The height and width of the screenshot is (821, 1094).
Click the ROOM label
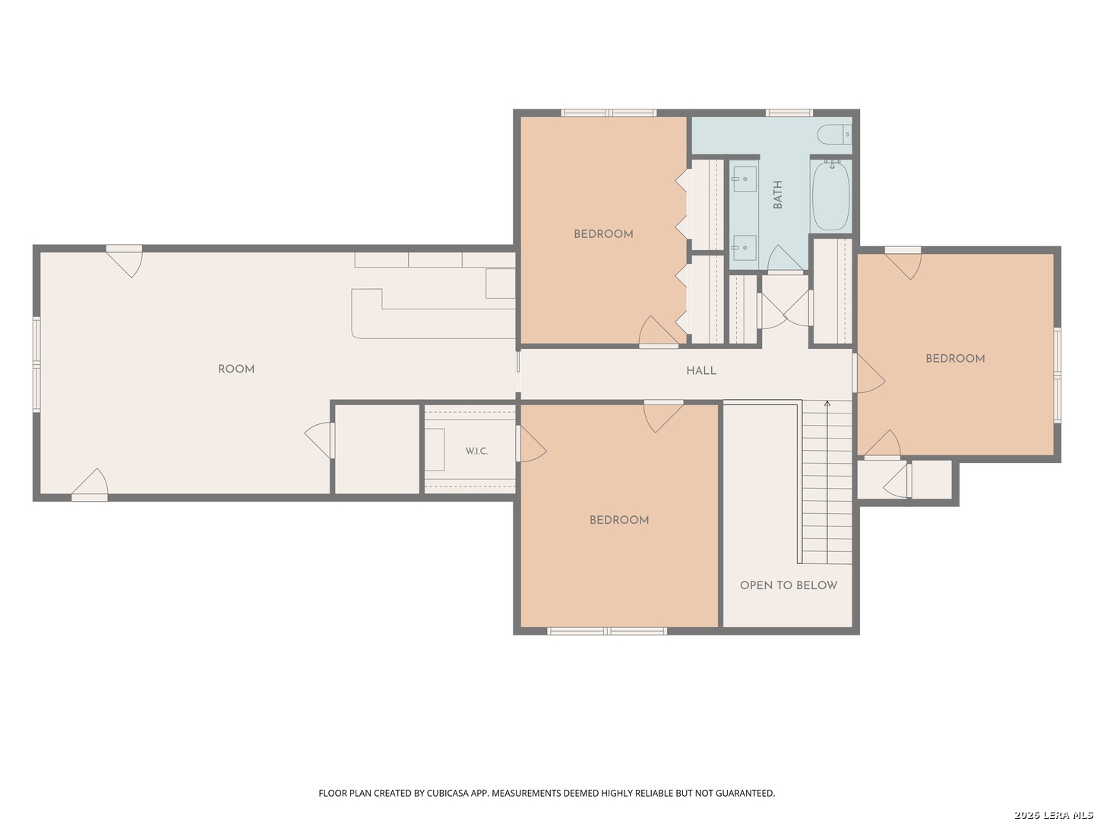[236, 369]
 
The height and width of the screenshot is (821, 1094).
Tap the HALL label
[700, 370]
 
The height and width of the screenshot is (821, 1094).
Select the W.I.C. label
[476, 451]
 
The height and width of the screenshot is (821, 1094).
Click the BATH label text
[777, 195]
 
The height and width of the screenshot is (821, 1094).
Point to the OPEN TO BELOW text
[788, 585]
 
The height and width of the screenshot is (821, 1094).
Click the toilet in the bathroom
[834, 135]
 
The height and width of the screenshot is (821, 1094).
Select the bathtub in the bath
[830, 195]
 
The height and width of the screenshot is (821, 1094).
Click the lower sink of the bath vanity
[745, 248]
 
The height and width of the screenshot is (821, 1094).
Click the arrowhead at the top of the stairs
[827, 403]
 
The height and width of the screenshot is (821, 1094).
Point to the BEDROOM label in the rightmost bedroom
[954, 358]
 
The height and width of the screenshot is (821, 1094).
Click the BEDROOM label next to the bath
[603, 234]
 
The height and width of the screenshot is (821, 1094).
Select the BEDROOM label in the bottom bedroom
[618, 519]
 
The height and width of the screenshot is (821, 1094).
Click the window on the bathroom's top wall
[789, 113]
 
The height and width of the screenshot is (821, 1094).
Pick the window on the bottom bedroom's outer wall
[606, 631]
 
